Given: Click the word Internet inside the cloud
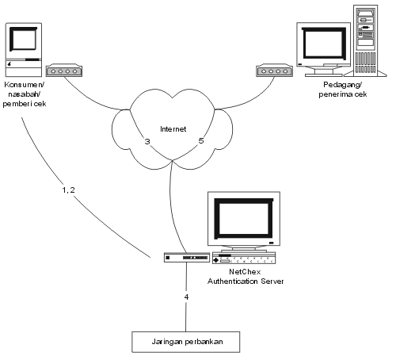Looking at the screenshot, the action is pyautogui.click(x=173, y=129).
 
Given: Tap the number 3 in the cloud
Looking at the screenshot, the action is pyautogui.click(x=147, y=142).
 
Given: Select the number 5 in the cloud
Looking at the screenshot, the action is pyautogui.click(x=201, y=141).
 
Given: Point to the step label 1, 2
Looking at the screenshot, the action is pyautogui.click(x=68, y=190).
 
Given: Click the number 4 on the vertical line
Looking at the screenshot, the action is pyautogui.click(x=186, y=297).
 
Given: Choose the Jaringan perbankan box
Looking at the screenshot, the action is pyautogui.click(x=186, y=342).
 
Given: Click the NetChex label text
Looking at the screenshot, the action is pyautogui.click(x=245, y=272).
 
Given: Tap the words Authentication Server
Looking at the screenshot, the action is pyautogui.click(x=246, y=281).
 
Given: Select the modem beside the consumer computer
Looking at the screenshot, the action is pyautogui.click(x=64, y=71).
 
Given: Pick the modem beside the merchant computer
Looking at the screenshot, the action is pyautogui.click(x=275, y=71).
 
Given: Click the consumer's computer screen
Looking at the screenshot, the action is pyautogui.click(x=24, y=40).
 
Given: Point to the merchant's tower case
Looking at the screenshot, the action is pyautogui.click(x=366, y=40).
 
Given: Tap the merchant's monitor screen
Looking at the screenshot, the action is pyautogui.click(x=324, y=44).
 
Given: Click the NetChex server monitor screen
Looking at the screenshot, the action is pyautogui.click(x=244, y=219).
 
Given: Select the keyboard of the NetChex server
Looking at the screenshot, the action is pyautogui.click(x=244, y=259).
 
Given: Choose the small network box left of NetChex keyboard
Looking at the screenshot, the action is pyautogui.click(x=187, y=258).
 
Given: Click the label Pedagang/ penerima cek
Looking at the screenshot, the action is pyautogui.click(x=343, y=90).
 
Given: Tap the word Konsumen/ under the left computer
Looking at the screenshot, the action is pyautogui.click(x=25, y=85).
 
